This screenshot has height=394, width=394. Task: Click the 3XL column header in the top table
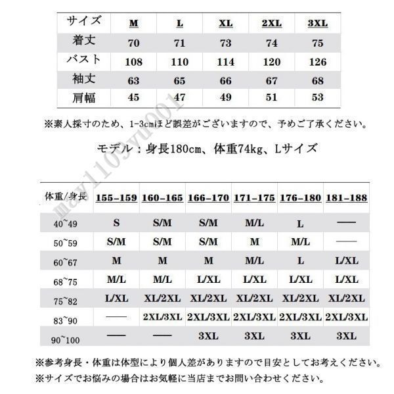[x=318, y=24]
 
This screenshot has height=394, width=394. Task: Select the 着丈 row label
[x=84, y=41]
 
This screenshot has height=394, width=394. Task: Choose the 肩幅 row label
[x=84, y=99]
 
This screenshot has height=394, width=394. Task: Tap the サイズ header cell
[x=84, y=22]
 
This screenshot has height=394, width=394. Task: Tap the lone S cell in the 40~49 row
[x=116, y=224]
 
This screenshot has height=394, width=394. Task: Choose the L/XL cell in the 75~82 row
[x=116, y=298]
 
